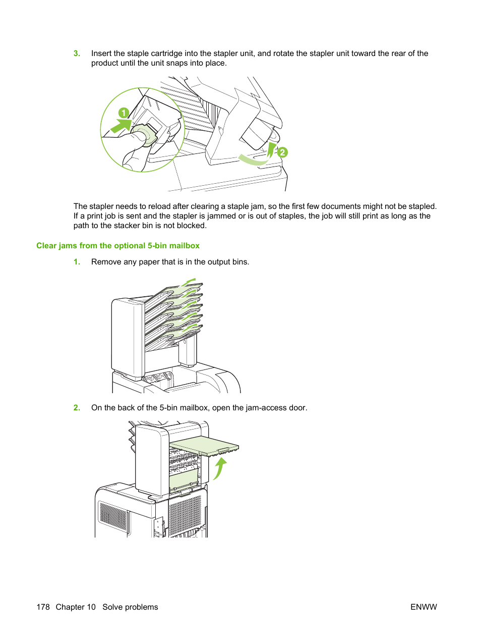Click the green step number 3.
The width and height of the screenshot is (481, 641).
77,54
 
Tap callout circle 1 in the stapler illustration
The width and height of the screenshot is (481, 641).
124,113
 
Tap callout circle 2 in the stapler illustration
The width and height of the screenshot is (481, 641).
282,152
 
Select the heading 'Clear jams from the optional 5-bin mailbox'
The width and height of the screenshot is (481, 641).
118,246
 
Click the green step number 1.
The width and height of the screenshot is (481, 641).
77,262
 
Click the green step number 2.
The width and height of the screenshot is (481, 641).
77,408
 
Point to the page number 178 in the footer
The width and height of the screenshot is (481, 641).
43,607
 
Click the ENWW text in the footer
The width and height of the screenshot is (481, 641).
424,607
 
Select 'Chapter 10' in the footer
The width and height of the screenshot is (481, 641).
76,607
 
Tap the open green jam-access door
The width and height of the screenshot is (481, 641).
204,446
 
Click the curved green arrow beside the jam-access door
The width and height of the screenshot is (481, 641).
219,468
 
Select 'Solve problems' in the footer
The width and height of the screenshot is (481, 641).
130,607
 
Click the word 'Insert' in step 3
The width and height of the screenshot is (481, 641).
101,54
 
